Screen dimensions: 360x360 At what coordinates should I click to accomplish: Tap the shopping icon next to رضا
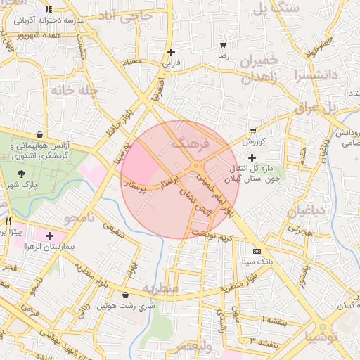[223, 44]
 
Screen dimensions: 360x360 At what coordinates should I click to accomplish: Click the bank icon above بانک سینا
[257, 250]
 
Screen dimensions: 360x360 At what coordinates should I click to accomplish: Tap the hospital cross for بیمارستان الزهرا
[49, 235]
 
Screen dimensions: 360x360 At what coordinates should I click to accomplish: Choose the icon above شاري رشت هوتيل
[125, 295]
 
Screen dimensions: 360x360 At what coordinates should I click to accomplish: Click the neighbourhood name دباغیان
[307, 210]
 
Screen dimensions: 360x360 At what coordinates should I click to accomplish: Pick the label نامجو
[78, 218]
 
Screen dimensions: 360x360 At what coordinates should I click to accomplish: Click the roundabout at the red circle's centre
[195, 169]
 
